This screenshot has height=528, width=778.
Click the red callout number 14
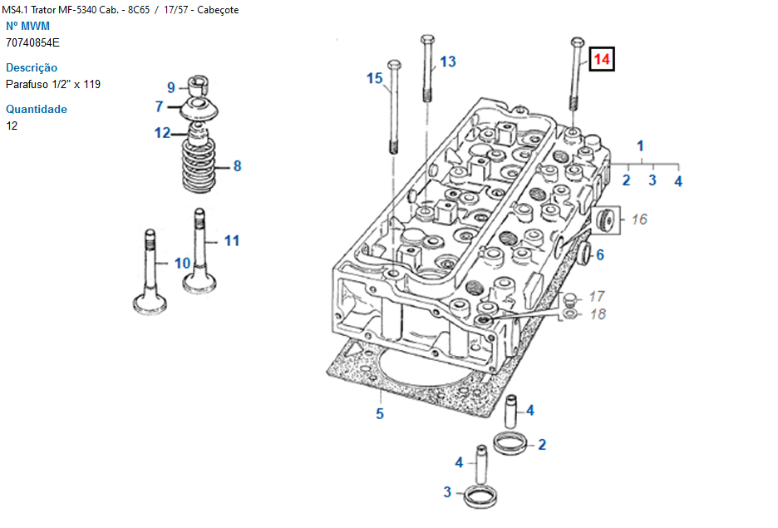[602, 60]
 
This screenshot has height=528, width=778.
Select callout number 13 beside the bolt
[448, 62]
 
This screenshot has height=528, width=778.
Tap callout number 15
[375, 78]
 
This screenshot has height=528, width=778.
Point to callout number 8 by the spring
[237, 166]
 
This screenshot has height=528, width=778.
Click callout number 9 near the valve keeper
[171, 87]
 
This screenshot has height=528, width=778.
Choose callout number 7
[159, 106]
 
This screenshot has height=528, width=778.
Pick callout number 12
[162, 132]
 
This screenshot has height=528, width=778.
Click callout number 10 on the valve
[182, 263]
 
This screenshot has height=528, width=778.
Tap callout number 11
[232, 240]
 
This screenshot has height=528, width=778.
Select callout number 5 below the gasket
[380, 413]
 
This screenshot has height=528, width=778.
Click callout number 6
[599, 254]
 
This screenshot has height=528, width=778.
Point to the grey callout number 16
[638, 220]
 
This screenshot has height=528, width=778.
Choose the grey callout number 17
[597, 296]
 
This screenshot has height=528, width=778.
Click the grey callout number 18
[597, 314]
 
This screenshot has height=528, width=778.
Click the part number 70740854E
[32, 42]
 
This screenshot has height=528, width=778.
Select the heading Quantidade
[37, 109]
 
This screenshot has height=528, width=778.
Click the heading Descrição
[32, 67]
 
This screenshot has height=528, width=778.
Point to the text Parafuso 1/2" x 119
[53, 84]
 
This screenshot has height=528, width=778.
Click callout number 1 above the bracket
[640, 146]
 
